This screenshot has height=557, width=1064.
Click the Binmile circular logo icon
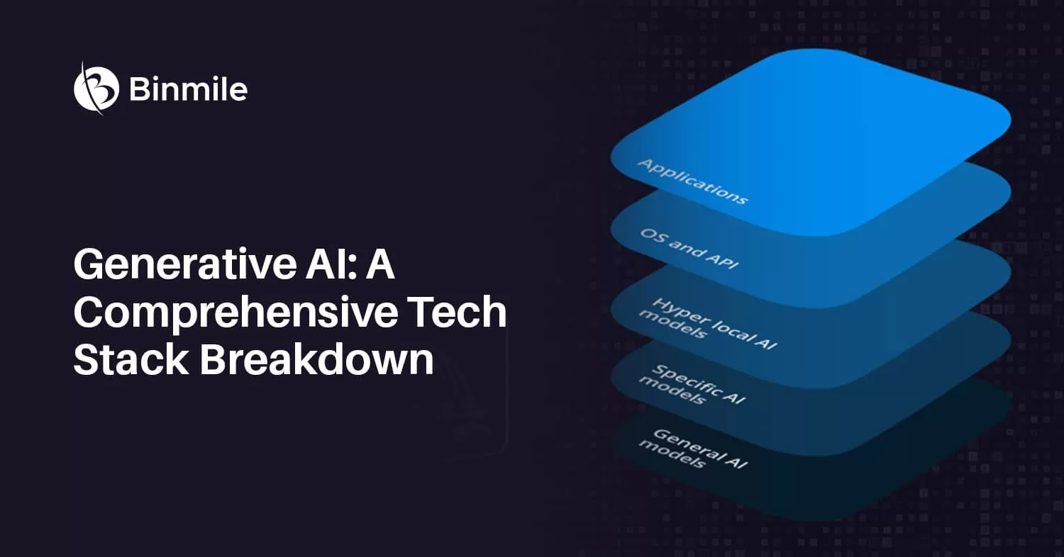[x=96, y=89]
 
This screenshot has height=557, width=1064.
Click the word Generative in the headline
[x=185, y=265]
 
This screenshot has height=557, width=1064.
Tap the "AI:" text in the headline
[x=331, y=264]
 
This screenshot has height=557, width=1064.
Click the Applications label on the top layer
[x=692, y=181]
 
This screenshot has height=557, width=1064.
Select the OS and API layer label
[x=689, y=249]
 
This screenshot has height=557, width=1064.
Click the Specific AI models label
[x=692, y=386]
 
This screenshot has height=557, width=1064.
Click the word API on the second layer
[x=722, y=261]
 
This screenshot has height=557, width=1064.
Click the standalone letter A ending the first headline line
[x=380, y=264]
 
